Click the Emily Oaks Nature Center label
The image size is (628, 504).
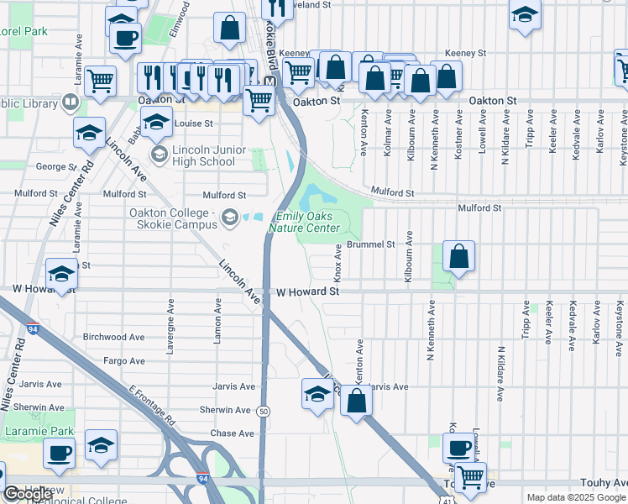(304, 222)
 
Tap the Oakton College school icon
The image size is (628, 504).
(228, 220)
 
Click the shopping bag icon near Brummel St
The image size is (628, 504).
(458, 256)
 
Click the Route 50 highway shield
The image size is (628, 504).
(264, 411)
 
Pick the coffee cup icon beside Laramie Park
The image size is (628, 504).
(58, 454)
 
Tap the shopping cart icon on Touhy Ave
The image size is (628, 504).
(469, 477)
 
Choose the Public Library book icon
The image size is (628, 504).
(71, 103)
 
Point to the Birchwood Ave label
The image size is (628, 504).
(113, 337)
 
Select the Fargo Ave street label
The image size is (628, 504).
(125, 361)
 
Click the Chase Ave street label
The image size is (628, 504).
(233, 433)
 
